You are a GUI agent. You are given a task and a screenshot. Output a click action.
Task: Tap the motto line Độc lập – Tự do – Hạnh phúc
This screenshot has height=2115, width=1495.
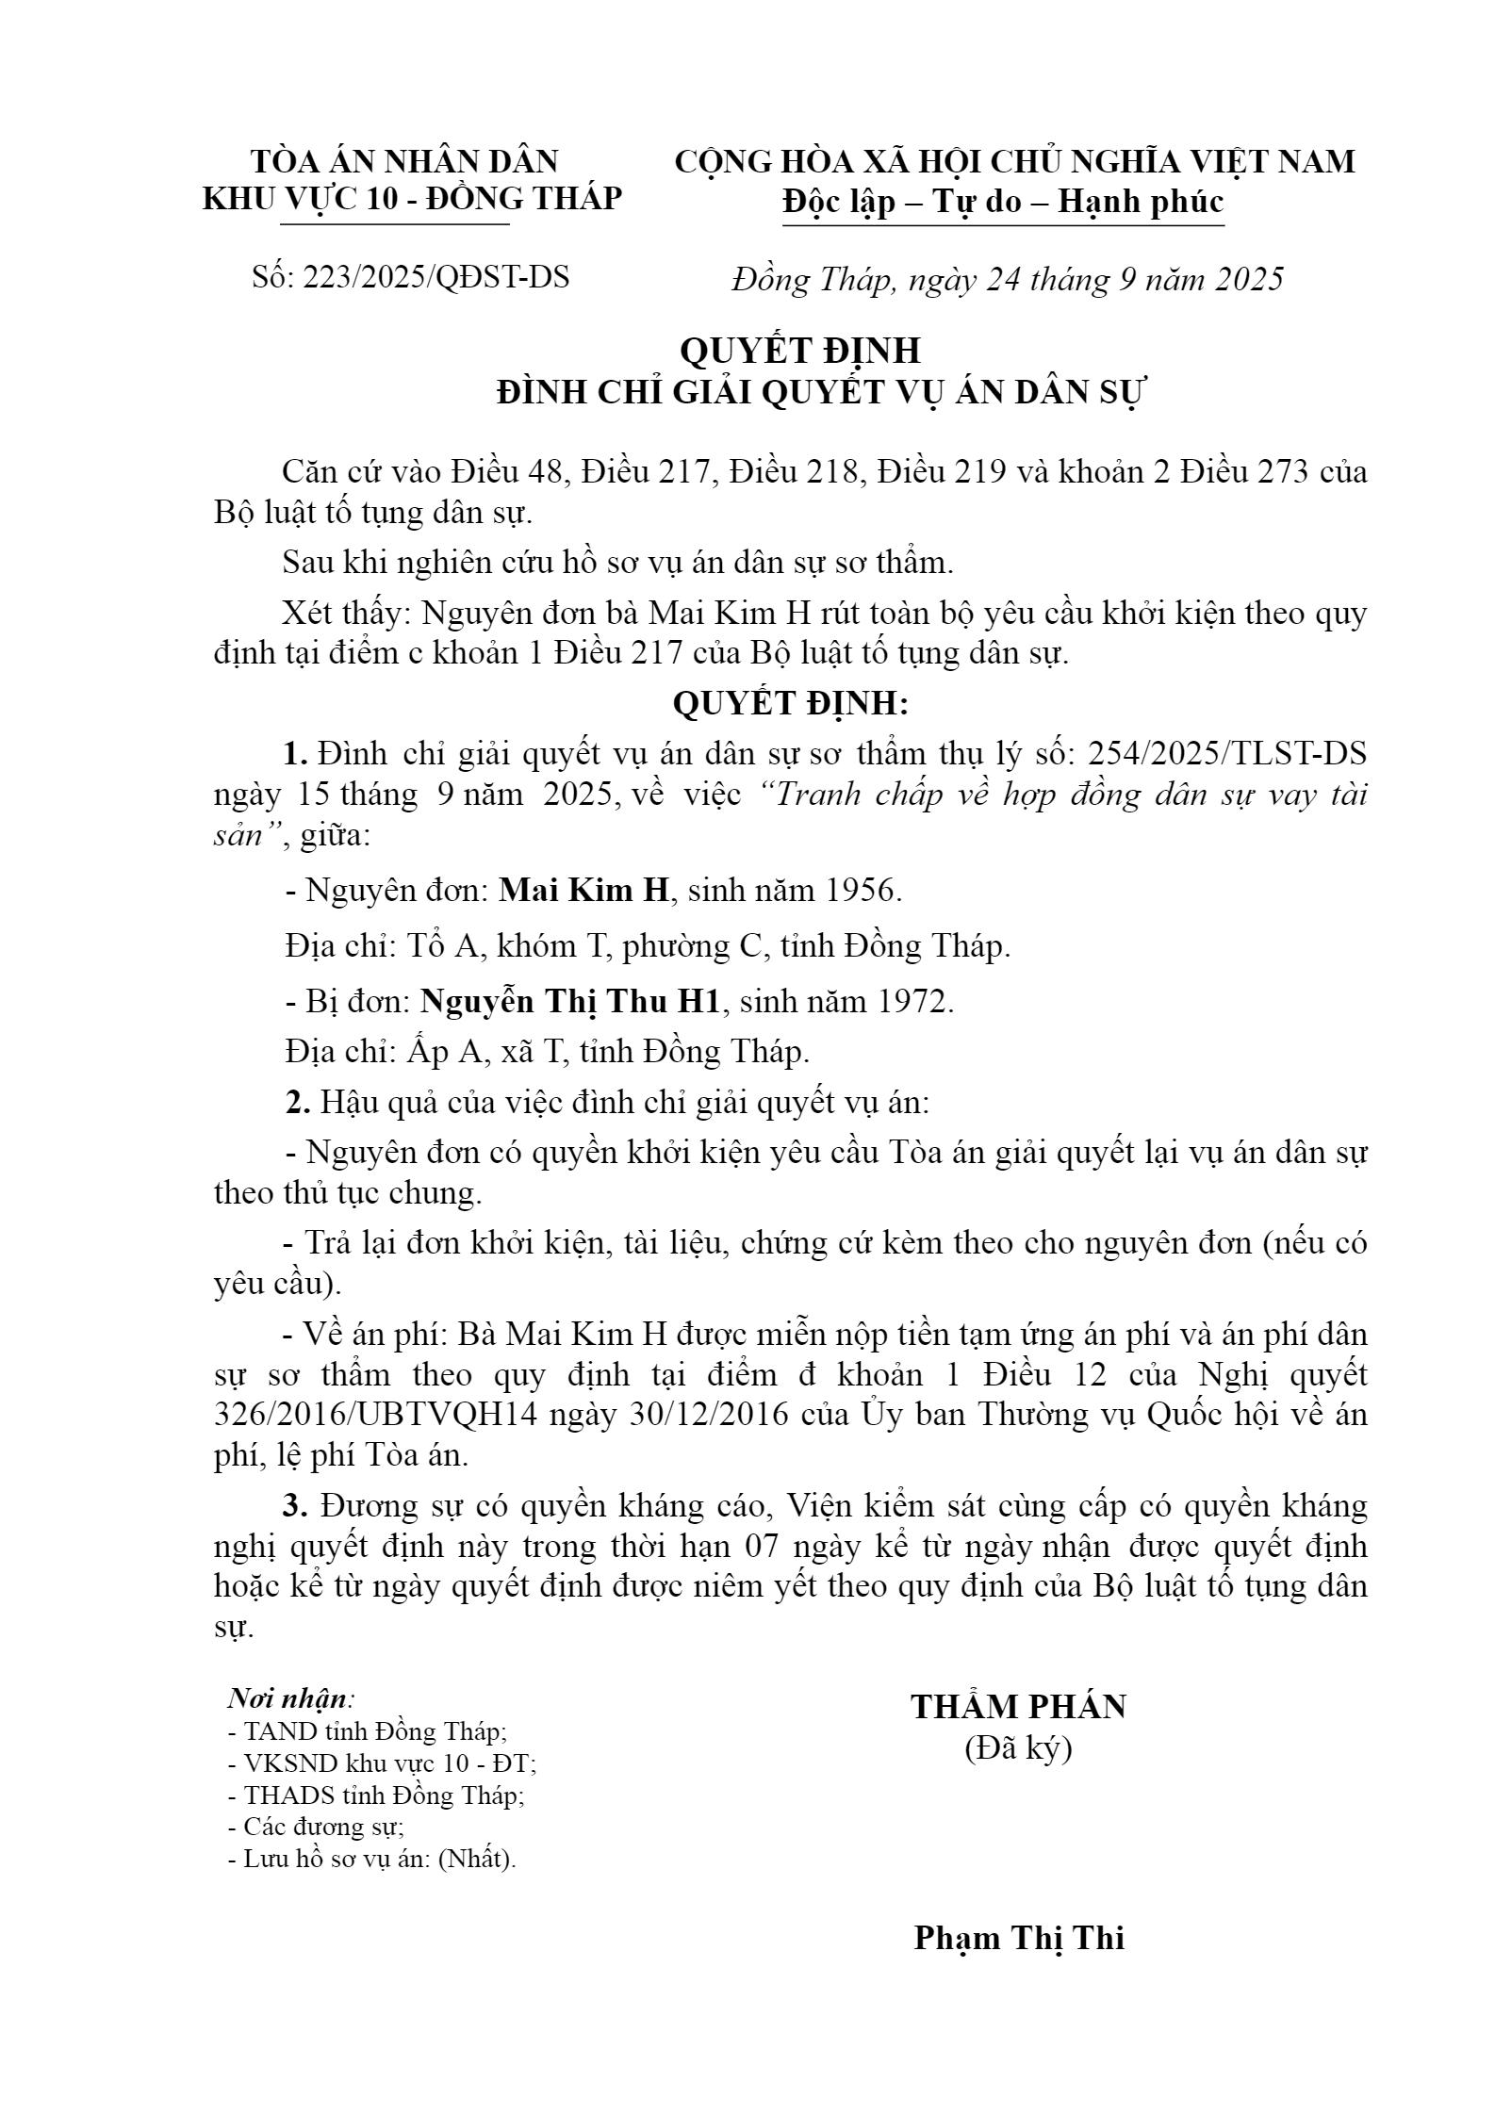click(1003, 202)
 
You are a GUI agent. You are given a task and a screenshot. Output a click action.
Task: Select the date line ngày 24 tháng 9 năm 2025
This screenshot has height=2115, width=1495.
click(1134, 280)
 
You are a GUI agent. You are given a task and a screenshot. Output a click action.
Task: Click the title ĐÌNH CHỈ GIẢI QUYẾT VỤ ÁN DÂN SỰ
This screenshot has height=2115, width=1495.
click(820, 393)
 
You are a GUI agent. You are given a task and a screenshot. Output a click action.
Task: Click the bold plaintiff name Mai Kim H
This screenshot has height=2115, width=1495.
click(583, 891)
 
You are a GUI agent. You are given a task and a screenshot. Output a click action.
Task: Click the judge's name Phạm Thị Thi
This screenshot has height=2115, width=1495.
click(1019, 1938)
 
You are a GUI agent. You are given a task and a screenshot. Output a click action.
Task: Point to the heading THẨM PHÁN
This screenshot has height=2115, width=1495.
click(1018, 1707)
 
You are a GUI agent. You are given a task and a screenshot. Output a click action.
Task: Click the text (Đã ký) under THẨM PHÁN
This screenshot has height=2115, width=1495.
click(1018, 1748)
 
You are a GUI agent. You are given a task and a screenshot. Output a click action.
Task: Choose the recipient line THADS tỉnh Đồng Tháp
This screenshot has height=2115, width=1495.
click(376, 1795)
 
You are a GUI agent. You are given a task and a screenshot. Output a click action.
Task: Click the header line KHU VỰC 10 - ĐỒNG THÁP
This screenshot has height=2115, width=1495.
click(413, 199)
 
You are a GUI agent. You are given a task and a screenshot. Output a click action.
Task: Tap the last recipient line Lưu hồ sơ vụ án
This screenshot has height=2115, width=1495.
click(372, 1860)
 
